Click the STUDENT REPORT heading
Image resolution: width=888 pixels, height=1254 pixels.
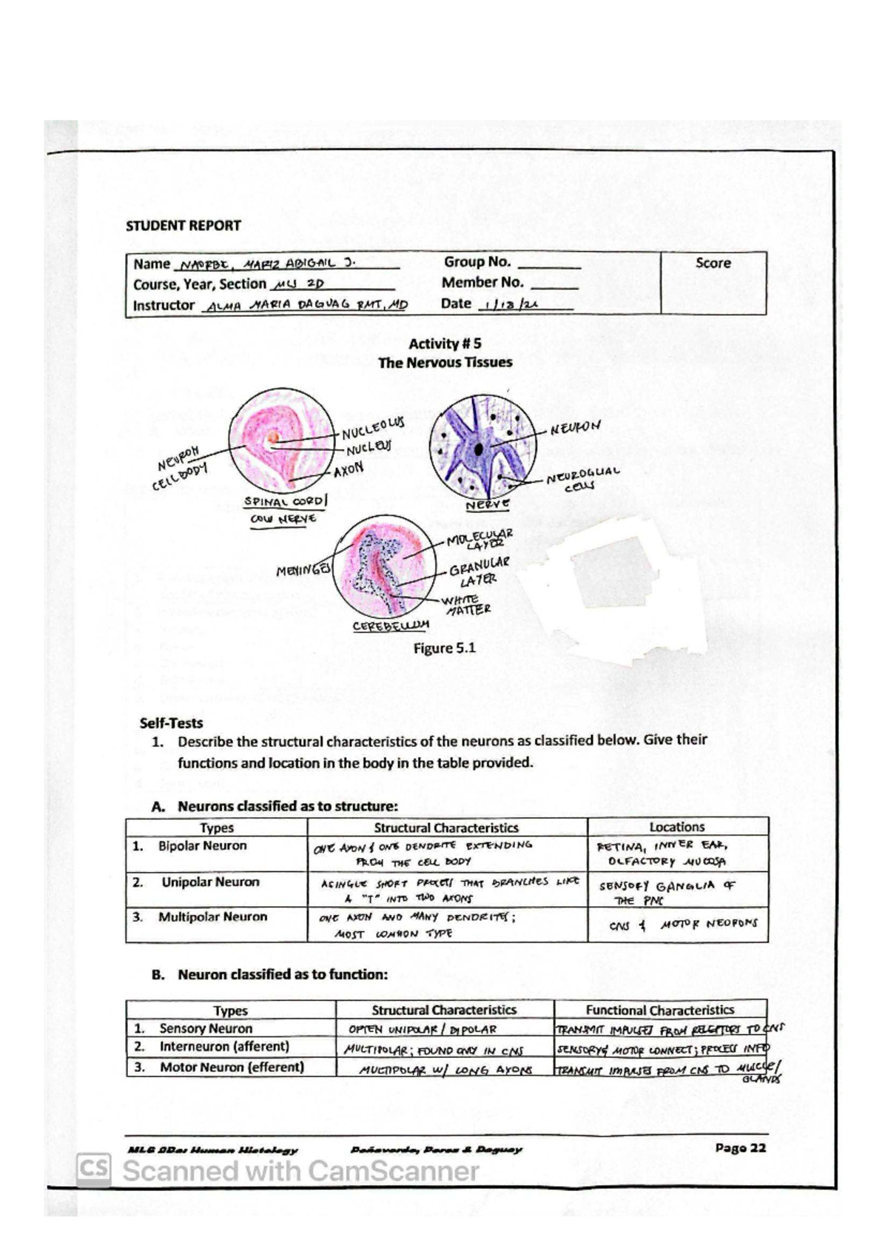tap(183, 226)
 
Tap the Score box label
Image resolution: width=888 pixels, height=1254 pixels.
tap(713, 263)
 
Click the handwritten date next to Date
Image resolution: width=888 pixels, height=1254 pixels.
tap(510, 305)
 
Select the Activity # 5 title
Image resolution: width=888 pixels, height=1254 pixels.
tap(445, 343)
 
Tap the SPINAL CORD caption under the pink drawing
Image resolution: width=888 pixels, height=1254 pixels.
tap(284, 501)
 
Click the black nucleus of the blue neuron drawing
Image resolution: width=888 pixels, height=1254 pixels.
tap(480, 449)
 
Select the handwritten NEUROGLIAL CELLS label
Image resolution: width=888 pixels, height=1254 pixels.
tap(582, 479)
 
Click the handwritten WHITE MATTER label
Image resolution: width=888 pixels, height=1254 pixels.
tap(465, 605)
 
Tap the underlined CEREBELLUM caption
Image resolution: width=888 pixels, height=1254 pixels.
tap(391, 626)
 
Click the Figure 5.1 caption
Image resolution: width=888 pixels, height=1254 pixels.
tap(444, 648)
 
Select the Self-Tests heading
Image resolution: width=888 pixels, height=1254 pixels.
tap(171, 723)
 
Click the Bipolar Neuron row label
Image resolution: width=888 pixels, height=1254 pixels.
tap(201, 845)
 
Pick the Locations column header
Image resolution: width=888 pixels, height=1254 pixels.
tap(676, 827)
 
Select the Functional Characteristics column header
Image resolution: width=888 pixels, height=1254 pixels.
tap(659, 1010)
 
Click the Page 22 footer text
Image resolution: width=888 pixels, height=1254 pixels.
tap(740, 1147)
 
